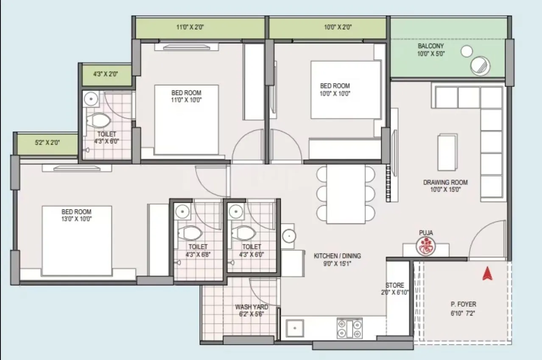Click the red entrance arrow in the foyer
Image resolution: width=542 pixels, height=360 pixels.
pyautogui.click(x=487, y=273)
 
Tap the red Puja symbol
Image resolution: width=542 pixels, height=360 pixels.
pyautogui.click(x=425, y=246)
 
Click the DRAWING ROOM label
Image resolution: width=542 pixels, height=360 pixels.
pyautogui.click(x=445, y=182)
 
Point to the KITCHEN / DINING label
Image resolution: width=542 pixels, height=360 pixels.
pyautogui.click(x=337, y=256)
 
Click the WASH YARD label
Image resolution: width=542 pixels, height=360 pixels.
pyautogui.click(x=251, y=307)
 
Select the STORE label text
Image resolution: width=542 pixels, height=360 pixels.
pyautogui.click(x=394, y=285)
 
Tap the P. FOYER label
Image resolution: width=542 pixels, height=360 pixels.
pyautogui.click(x=463, y=304)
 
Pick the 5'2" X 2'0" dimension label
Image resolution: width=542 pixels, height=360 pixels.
pyautogui.click(x=47, y=143)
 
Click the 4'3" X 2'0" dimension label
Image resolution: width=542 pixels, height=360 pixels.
pyautogui.click(x=106, y=73)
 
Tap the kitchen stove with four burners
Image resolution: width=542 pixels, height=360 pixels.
pyautogui.click(x=349, y=328)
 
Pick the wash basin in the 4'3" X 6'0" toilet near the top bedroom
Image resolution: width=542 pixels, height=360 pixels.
pyautogui.click(x=91, y=99)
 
